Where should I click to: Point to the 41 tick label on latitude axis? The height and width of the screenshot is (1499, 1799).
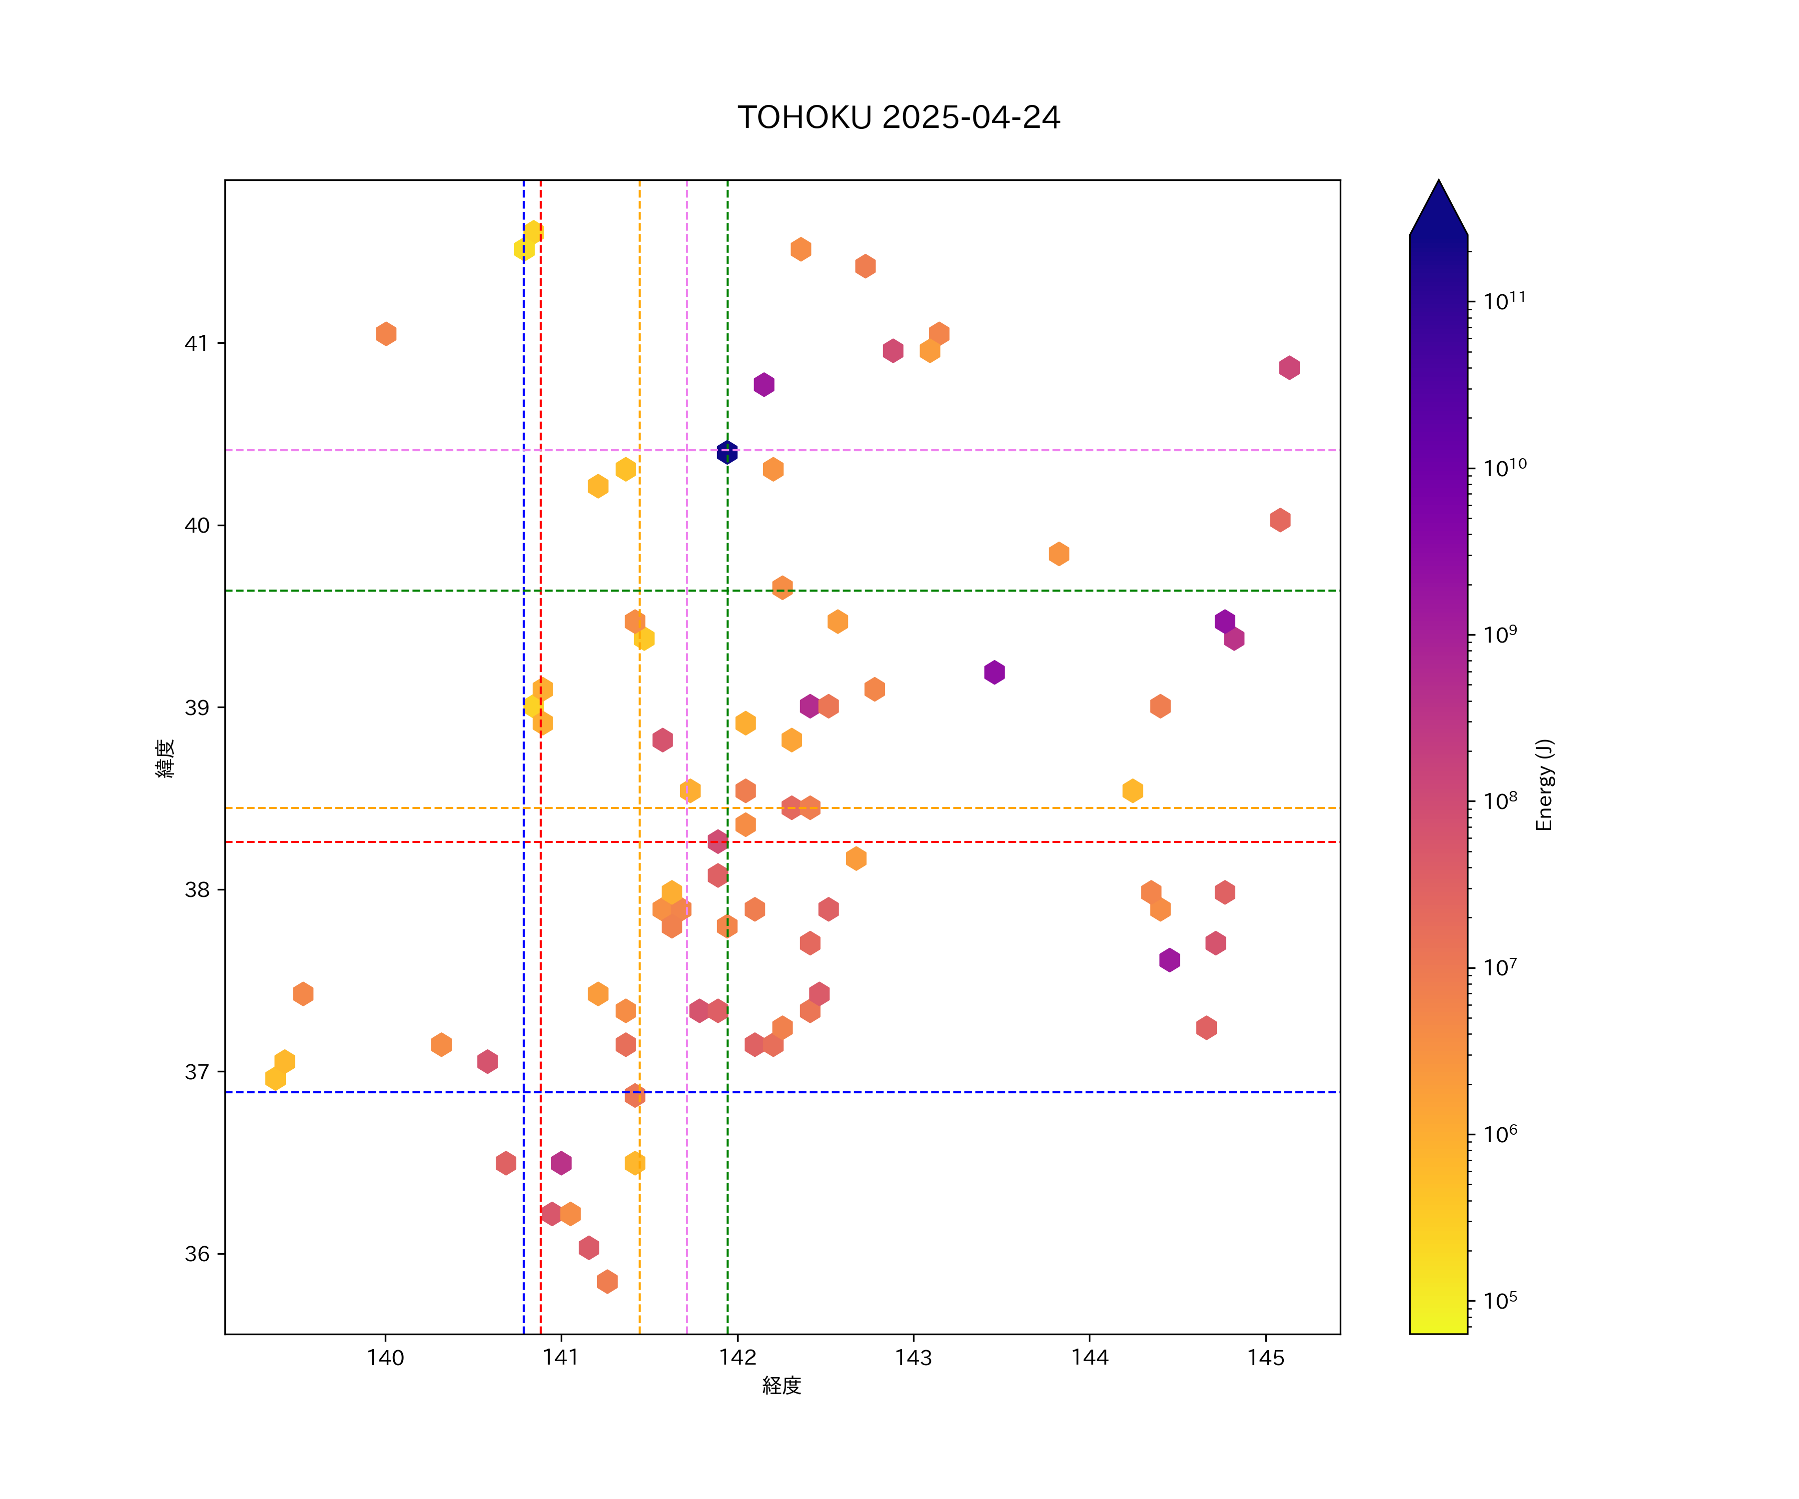(x=196, y=343)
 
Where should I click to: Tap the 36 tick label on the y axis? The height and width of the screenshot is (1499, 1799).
(x=196, y=1254)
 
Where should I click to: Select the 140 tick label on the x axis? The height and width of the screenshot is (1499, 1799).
(x=385, y=1358)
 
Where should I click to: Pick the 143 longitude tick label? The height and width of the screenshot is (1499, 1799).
(x=913, y=1358)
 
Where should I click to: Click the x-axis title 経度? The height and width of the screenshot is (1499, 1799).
(x=781, y=1386)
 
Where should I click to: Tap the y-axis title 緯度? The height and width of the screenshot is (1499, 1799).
(x=164, y=758)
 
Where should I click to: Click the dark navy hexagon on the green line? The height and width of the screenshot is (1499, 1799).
(x=727, y=451)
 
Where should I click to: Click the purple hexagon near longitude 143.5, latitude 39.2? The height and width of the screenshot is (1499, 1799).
(x=994, y=673)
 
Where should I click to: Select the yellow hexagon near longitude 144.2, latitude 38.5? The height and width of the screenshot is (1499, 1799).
(x=1132, y=790)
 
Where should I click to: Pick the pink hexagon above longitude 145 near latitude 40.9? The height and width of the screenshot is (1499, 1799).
(x=1289, y=367)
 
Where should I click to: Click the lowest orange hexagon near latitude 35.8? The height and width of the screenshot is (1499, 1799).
(x=607, y=1282)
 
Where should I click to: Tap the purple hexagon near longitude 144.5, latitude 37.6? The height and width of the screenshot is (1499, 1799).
(x=1169, y=960)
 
